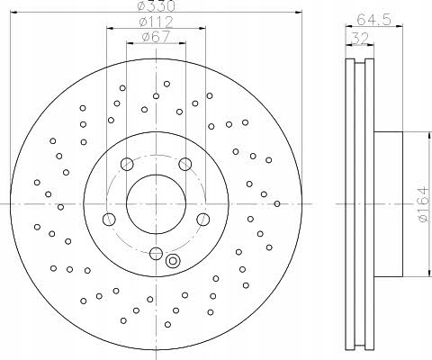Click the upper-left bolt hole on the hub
click(126, 164)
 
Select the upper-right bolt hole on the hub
click(185, 164)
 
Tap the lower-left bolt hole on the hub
click(109, 219)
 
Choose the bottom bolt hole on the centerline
click(156, 253)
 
